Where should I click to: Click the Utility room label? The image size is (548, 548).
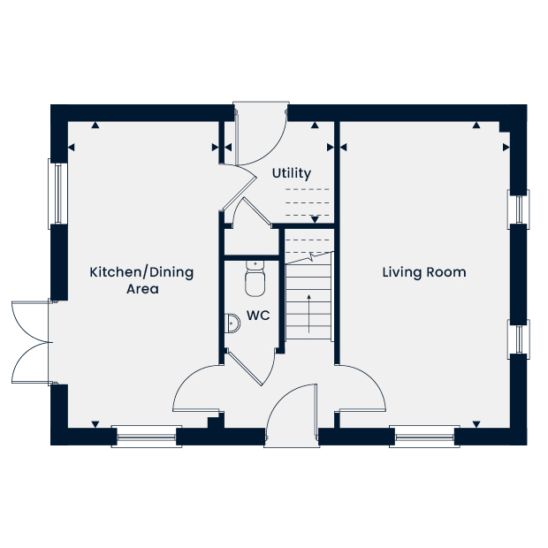pos(292,174)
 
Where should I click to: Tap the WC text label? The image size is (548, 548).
pos(258,316)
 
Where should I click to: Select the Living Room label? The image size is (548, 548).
pos(424,272)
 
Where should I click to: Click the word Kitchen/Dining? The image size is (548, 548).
pos(141,272)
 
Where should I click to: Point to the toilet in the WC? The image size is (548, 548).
pos(255,278)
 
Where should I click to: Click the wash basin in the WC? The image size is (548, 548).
pos(232,323)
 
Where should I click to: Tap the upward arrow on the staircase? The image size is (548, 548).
pos(309,314)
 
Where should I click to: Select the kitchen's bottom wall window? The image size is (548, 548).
pos(147,437)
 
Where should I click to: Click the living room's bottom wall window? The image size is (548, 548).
pos(424,437)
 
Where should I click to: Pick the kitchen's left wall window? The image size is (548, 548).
pos(57,194)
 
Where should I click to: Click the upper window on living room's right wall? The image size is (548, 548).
pos(519,209)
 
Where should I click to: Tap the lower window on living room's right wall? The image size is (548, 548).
pos(519,339)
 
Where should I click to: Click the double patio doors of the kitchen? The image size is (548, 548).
pos(32,343)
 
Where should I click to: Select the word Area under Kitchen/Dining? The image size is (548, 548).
pos(142,289)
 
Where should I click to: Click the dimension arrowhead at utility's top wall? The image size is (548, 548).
pos(315,125)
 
